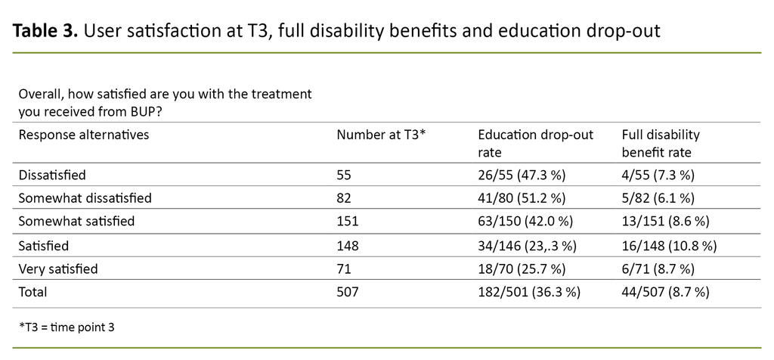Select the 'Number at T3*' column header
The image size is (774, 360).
tap(382, 135)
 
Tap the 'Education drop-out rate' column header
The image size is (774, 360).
tap(535, 143)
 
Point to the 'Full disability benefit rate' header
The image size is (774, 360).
tap(661, 143)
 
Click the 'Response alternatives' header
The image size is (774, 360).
tap(83, 135)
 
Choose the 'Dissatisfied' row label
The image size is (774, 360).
tap(52, 175)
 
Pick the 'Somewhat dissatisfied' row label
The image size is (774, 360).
tap(85, 198)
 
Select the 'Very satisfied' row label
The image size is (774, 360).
tap(58, 268)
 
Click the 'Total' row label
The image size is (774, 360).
tap(33, 292)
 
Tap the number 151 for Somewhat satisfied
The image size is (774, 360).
tap(348, 222)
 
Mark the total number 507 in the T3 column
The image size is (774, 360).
tap(348, 292)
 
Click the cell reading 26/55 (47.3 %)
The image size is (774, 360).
tap(522, 175)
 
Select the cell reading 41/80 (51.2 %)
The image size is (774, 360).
tap(522, 198)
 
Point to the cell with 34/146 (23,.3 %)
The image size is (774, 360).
tap(527, 245)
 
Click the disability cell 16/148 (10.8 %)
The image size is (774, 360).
tap(669, 245)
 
